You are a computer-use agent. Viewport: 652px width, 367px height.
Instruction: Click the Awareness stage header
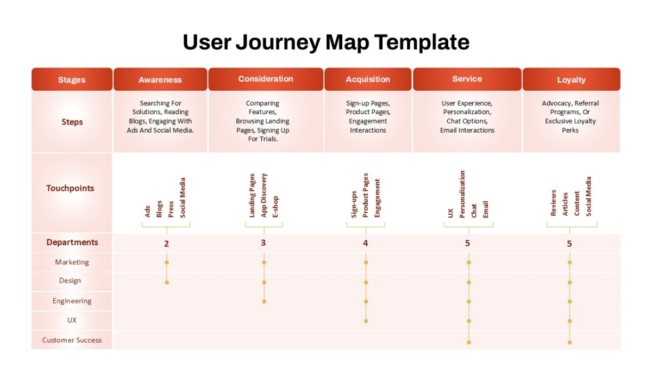[x=160, y=79]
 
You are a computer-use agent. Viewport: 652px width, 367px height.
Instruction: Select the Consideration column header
[x=266, y=79]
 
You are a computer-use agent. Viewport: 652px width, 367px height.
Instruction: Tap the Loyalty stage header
[x=572, y=79]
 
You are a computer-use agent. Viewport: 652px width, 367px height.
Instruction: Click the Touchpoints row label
[x=70, y=188]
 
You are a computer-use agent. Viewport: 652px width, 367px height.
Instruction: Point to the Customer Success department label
[x=72, y=340]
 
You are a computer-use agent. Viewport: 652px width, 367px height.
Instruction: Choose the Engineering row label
[x=72, y=301]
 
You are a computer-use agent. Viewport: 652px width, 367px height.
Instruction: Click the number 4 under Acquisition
[x=366, y=243]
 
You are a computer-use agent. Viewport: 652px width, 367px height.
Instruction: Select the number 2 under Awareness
[x=166, y=244]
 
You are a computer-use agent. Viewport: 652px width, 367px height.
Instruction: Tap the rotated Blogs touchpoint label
[x=159, y=209]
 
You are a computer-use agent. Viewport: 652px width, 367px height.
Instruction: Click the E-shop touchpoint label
[x=275, y=207]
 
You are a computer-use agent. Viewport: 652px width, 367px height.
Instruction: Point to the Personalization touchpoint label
[x=462, y=194]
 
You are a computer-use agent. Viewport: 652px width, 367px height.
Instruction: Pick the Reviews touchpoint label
[x=553, y=203]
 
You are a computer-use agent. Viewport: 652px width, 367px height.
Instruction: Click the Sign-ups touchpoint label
[x=354, y=204]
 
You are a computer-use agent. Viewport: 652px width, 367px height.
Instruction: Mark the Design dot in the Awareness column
[x=167, y=282]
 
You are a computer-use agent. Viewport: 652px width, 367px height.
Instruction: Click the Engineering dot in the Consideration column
[x=264, y=301]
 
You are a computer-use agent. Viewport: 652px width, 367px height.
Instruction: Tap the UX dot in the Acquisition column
[x=366, y=321]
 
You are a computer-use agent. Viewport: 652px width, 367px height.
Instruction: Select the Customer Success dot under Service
[x=468, y=342]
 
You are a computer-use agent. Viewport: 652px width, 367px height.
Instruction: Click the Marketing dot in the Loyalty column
[x=569, y=263]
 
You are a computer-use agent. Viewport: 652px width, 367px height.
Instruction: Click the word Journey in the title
[x=278, y=42]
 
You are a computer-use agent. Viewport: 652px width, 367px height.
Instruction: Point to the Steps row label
[x=72, y=122]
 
